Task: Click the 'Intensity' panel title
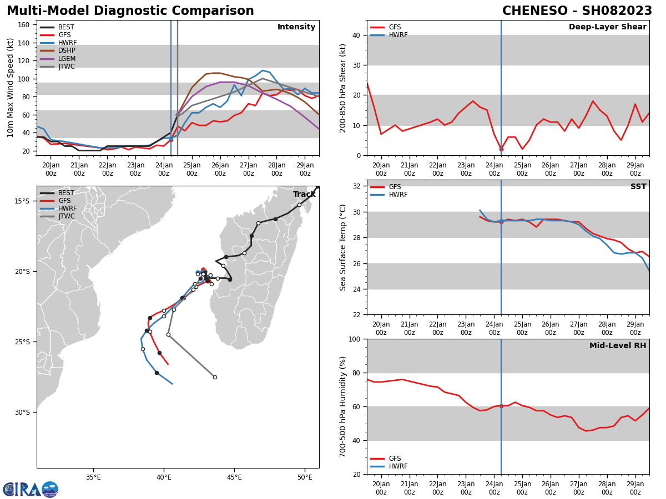[296, 27]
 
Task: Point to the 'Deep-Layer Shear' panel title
[607, 27]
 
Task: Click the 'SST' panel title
[638, 186]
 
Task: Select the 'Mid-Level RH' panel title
[618, 345]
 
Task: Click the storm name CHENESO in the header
[535, 11]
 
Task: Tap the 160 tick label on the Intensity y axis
[23, 25]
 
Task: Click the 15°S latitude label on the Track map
[22, 201]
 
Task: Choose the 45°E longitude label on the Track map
[234, 477]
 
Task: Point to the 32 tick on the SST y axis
[356, 186]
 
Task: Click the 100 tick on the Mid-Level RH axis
[355, 339]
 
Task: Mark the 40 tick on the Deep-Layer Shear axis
[356, 35]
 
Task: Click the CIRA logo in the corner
[30, 490]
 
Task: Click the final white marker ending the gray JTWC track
[215, 377]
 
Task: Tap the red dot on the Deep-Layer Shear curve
[501, 149]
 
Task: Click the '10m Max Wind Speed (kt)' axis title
[11, 88]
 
